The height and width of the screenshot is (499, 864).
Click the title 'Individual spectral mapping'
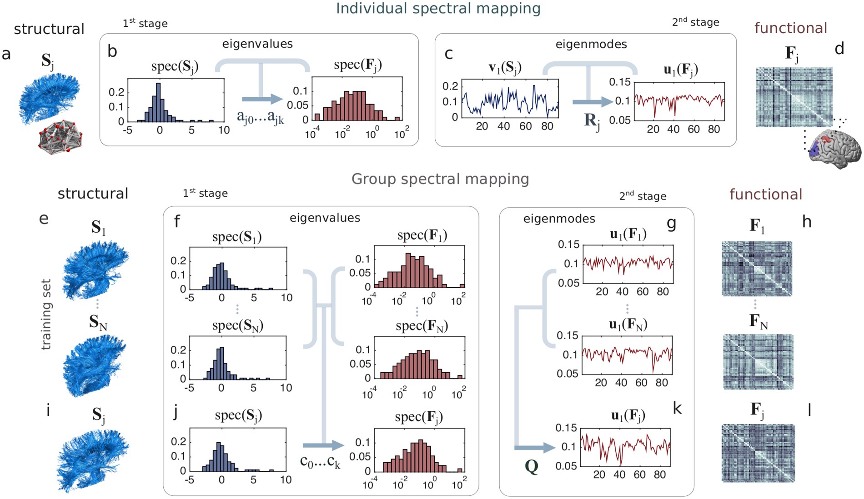pyautogui.click(x=438, y=9)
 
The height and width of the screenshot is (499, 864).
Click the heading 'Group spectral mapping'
pyautogui.click(x=440, y=179)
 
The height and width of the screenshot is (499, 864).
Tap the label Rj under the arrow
pyautogui.click(x=592, y=121)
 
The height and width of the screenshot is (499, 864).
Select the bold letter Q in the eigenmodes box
pyautogui.click(x=531, y=466)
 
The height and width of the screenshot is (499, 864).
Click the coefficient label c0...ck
pyautogui.click(x=320, y=461)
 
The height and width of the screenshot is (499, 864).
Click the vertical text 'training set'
pyautogui.click(x=46, y=314)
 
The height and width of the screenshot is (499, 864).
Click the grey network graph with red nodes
pyautogui.click(x=61, y=137)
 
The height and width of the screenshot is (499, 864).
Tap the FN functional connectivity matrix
pyautogui.click(x=758, y=362)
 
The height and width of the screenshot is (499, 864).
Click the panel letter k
pyautogui.click(x=677, y=409)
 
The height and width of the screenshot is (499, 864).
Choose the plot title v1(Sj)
pyautogui.click(x=505, y=68)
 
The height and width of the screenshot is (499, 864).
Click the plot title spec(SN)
pyautogui.click(x=237, y=325)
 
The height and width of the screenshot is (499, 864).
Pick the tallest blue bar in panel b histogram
pyautogui.click(x=158, y=102)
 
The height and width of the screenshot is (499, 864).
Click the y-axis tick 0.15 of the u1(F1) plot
pyautogui.click(x=568, y=245)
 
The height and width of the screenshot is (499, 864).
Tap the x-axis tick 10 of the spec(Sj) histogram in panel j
pyautogui.click(x=286, y=480)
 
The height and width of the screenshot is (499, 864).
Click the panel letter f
pyautogui.click(x=177, y=222)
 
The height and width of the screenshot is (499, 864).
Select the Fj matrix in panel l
pyautogui.click(x=758, y=453)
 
